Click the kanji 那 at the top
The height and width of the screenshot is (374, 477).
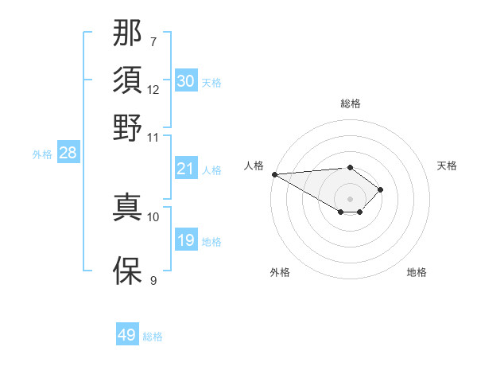coord(127,33)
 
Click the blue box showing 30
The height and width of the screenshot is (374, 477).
coord(186,81)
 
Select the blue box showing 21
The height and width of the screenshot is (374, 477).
coord(186,169)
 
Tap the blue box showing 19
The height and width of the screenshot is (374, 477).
coord(186,240)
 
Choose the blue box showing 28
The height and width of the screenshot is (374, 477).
coord(68,154)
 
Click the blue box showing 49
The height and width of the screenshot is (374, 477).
coord(127,335)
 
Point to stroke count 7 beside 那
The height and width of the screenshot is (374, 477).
coord(153,41)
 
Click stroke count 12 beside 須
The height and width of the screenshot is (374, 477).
coord(153,89)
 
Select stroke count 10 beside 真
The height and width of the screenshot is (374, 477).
coord(153,216)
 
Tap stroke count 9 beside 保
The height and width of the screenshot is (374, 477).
coord(153,280)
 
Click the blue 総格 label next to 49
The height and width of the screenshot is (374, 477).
coord(153,337)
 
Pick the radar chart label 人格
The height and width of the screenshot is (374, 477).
coord(254,166)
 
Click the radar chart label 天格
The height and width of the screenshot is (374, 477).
coord(447,166)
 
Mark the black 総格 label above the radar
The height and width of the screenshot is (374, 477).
coord(351,103)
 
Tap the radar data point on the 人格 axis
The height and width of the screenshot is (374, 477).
coord(274,173)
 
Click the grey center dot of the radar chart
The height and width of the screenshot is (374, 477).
coord(351,198)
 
